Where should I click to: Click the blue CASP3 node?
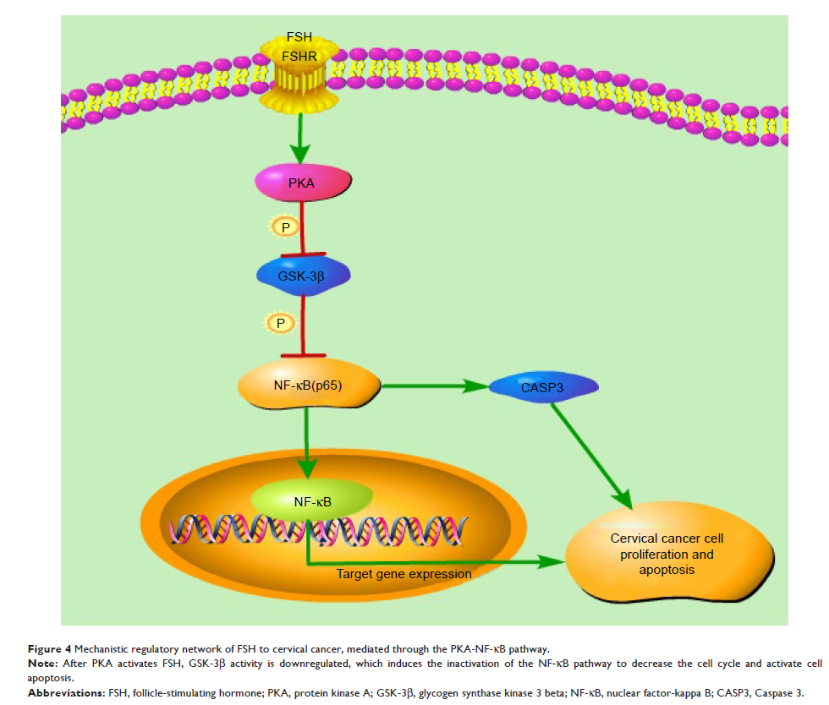(544, 387)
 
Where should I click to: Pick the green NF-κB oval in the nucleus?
(312, 501)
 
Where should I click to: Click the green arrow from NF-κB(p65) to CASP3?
(436, 387)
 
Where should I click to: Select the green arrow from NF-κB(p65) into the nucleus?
(308, 444)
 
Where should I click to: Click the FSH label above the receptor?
(299, 38)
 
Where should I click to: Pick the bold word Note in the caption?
(42, 663)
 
